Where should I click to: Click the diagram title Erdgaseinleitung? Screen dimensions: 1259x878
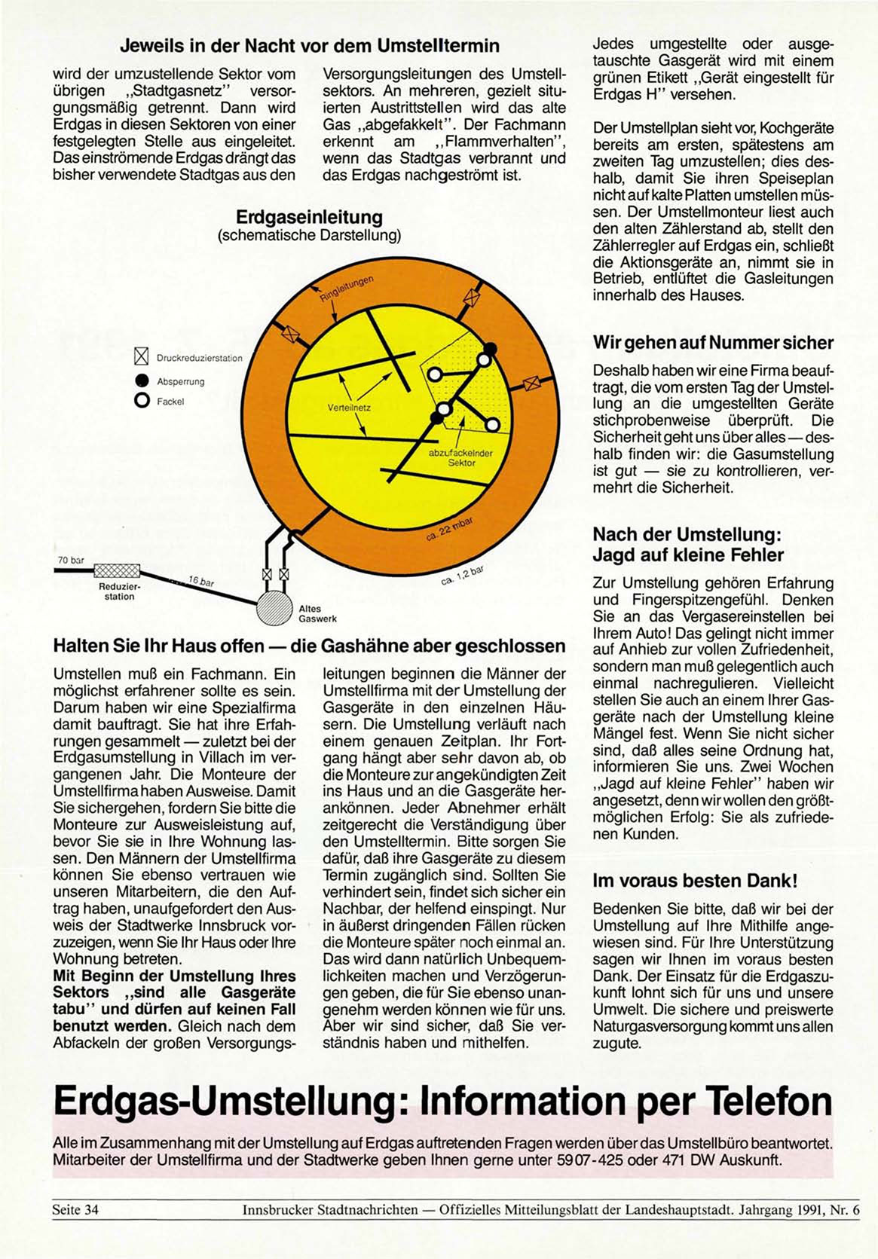[x=309, y=217]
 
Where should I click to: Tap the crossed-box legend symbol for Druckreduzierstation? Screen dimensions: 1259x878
[x=141, y=357]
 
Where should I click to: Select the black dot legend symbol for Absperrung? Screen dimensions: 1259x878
[x=141, y=380]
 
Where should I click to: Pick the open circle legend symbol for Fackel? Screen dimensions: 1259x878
[x=141, y=401]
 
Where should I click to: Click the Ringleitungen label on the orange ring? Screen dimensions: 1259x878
[x=347, y=289]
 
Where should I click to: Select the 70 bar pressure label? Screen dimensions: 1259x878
[x=71, y=561]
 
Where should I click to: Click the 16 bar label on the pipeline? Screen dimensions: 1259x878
[x=201, y=581]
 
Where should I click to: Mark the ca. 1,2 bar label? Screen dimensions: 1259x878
[x=461, y=576]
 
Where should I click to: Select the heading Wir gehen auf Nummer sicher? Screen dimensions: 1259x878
[x=713, y=343]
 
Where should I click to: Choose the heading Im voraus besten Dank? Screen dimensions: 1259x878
[x=695, y=880]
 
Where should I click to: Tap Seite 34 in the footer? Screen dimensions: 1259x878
[x=75, y=1210]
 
